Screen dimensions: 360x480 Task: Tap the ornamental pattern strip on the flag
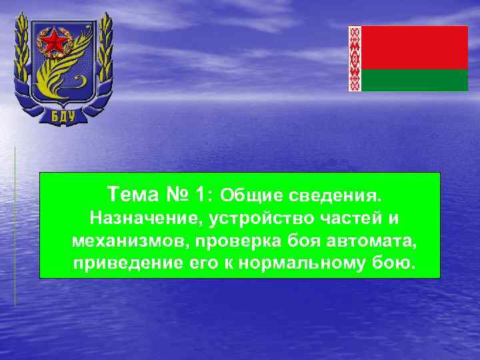355,59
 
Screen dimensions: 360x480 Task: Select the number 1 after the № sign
201,195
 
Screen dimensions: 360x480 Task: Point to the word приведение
123,262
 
